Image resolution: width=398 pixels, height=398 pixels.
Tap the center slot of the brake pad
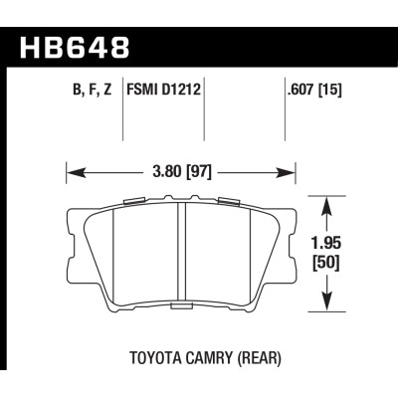pos(181,254)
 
